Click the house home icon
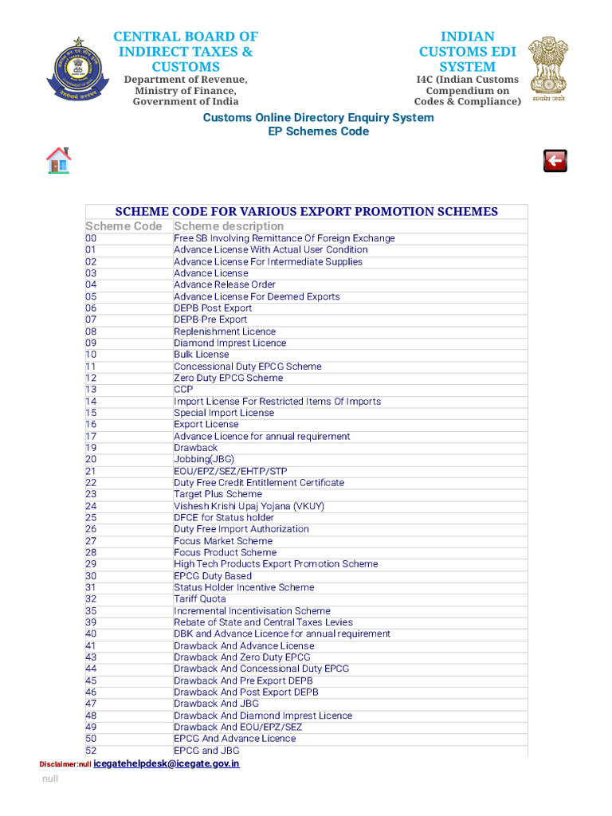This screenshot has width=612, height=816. tap(59, 160)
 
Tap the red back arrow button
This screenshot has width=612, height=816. tap(555, 160)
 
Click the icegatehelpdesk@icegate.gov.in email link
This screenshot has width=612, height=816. tap(166, 763)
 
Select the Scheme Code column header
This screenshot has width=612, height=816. tap(124, 226)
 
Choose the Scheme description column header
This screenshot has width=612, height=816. tap(229, 226)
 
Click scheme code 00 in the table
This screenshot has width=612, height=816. tap(91, 238)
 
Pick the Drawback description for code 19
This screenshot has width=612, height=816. tap(195, 448)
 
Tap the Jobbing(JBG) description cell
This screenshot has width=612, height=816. tap(204, 460)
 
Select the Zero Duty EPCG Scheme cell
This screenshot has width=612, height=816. tap(228, 378)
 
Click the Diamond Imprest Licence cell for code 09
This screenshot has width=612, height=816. tap(229, 343)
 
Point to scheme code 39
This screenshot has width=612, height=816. tap(91, 622)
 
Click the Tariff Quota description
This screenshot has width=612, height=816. tap(200, 599)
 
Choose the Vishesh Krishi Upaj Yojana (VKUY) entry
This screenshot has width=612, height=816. tap(249, 506)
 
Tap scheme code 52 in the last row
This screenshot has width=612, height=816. tap(91, 751)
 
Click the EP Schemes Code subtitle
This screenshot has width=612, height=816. tap(318, 131)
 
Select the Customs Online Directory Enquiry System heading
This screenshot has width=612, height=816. tap(318, 118)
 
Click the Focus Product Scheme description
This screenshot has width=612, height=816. tap(225, 552)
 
